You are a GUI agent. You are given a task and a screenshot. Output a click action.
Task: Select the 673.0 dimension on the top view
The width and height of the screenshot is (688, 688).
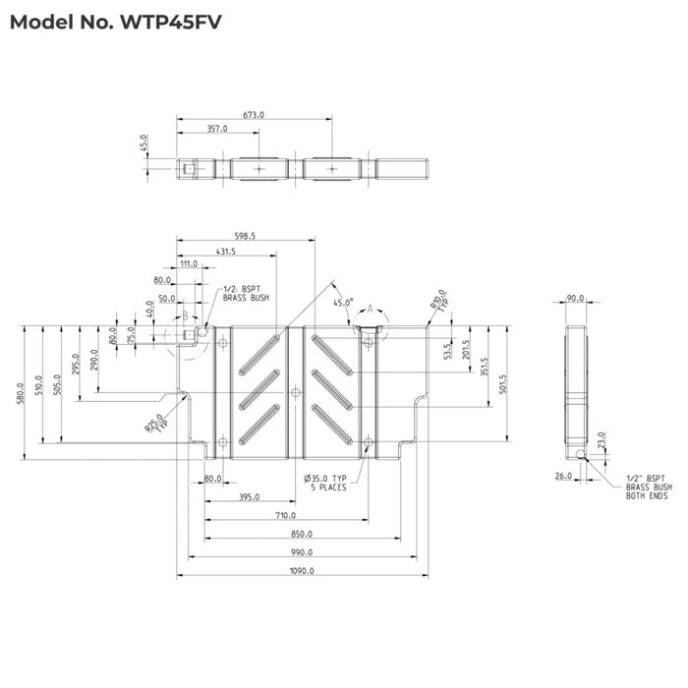click(254, 115)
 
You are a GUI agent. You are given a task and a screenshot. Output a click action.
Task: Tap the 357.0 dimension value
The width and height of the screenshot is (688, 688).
click(216, 128)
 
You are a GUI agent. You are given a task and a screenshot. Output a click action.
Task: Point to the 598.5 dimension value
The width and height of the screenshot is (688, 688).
click(245, 236)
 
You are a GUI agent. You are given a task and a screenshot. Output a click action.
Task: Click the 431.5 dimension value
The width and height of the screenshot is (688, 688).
click(225, 252)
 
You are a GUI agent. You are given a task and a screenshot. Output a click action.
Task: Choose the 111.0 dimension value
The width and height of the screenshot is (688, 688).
click(188, 263)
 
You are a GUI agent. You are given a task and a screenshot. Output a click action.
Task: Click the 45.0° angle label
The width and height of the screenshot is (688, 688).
click(342, 303)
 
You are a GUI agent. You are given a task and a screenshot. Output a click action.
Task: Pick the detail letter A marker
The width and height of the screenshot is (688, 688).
click(371, 308)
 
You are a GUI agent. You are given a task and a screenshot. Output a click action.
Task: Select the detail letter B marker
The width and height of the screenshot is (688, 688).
click(184, 315)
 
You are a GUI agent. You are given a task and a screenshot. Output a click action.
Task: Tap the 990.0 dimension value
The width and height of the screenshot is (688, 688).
click(301, 553)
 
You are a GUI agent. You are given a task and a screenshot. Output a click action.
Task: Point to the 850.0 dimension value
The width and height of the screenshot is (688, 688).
click(301, 535)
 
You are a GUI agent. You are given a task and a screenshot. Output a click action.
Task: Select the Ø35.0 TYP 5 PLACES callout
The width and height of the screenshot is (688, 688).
click(326, 483)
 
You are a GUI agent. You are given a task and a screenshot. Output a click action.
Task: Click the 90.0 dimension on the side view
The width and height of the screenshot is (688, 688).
click(575, 297)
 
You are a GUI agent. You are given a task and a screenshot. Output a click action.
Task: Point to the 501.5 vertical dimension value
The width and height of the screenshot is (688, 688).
click(503, 381)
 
